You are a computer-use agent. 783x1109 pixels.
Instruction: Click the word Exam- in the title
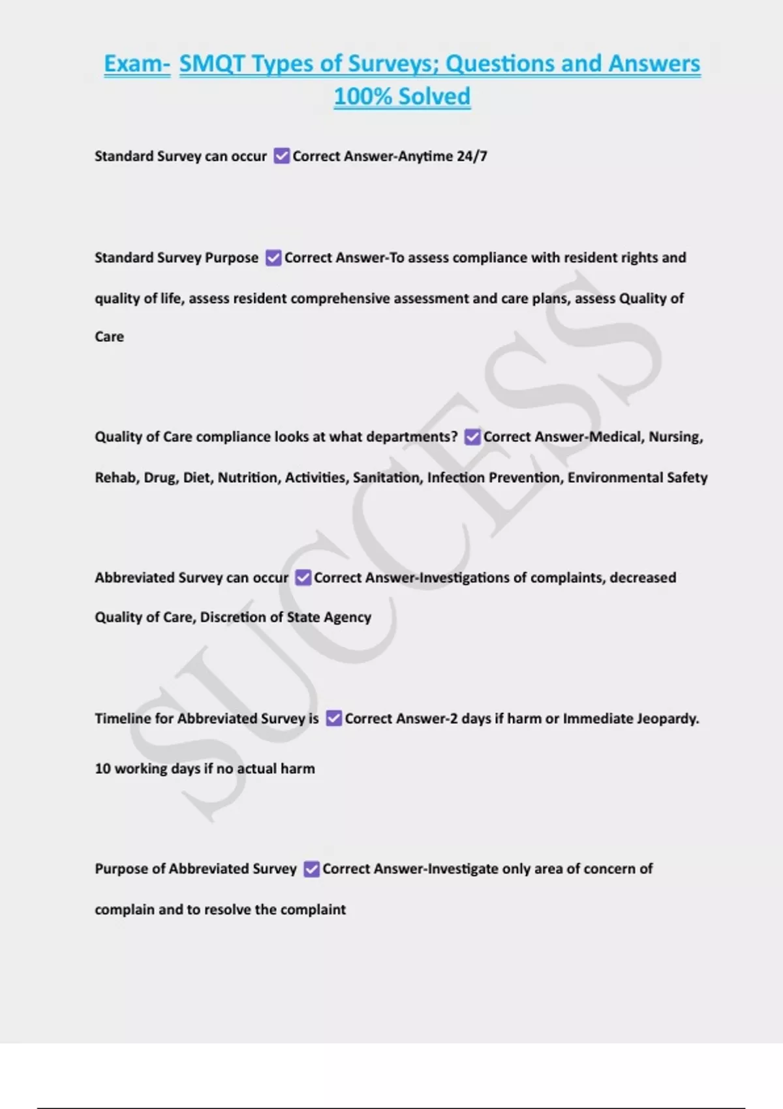coord(137,64)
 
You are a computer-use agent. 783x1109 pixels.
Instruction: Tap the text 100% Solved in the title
coord(402,97)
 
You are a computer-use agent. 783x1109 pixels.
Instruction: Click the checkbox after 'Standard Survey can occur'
coord(281,157)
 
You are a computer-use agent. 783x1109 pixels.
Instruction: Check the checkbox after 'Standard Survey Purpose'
coord(273,258)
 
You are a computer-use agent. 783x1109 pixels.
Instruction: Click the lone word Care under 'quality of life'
coord(109,337)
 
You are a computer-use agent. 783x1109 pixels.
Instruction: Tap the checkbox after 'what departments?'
coord(472,437)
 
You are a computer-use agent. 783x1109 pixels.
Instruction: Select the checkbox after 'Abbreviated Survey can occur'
coord(303,578)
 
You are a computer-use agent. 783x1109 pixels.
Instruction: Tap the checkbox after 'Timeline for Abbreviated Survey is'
coord(333,718)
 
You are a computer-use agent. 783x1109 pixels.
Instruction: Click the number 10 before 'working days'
coord(102,768)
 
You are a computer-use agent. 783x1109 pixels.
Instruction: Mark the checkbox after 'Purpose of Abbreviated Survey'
coord(312,869)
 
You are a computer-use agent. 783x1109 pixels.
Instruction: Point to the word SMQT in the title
coord(212,64)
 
